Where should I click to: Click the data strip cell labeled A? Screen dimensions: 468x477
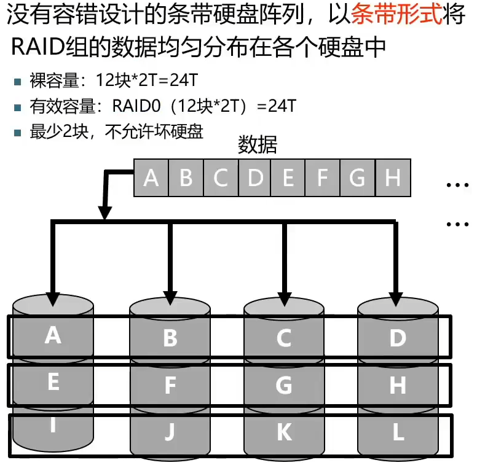(x=151, y=178)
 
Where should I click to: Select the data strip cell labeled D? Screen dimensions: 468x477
(x=254, y=178)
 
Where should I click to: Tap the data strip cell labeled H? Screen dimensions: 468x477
(x=393, y=178)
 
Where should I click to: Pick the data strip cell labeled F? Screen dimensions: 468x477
(x=322, y=178)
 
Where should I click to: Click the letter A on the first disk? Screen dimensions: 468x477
(x=53, y=335)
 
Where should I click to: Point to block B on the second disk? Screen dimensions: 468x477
(x=170, y=338)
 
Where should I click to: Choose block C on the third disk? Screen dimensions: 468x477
(x=284, y=338)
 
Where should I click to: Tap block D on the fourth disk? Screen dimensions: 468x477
(x=398, y=338)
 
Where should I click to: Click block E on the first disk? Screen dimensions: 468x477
(x=53, y=383)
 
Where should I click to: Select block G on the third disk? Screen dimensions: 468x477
(x=284, y=385)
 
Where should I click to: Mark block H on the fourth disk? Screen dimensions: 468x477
(x=398, y=385)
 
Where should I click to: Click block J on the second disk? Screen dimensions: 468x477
(x=170, y=432)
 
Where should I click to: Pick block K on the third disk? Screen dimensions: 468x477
(x=284, y=432)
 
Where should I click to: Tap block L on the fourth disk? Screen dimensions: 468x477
(x=398, y=432)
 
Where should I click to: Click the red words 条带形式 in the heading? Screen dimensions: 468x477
(x=396, y=15)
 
